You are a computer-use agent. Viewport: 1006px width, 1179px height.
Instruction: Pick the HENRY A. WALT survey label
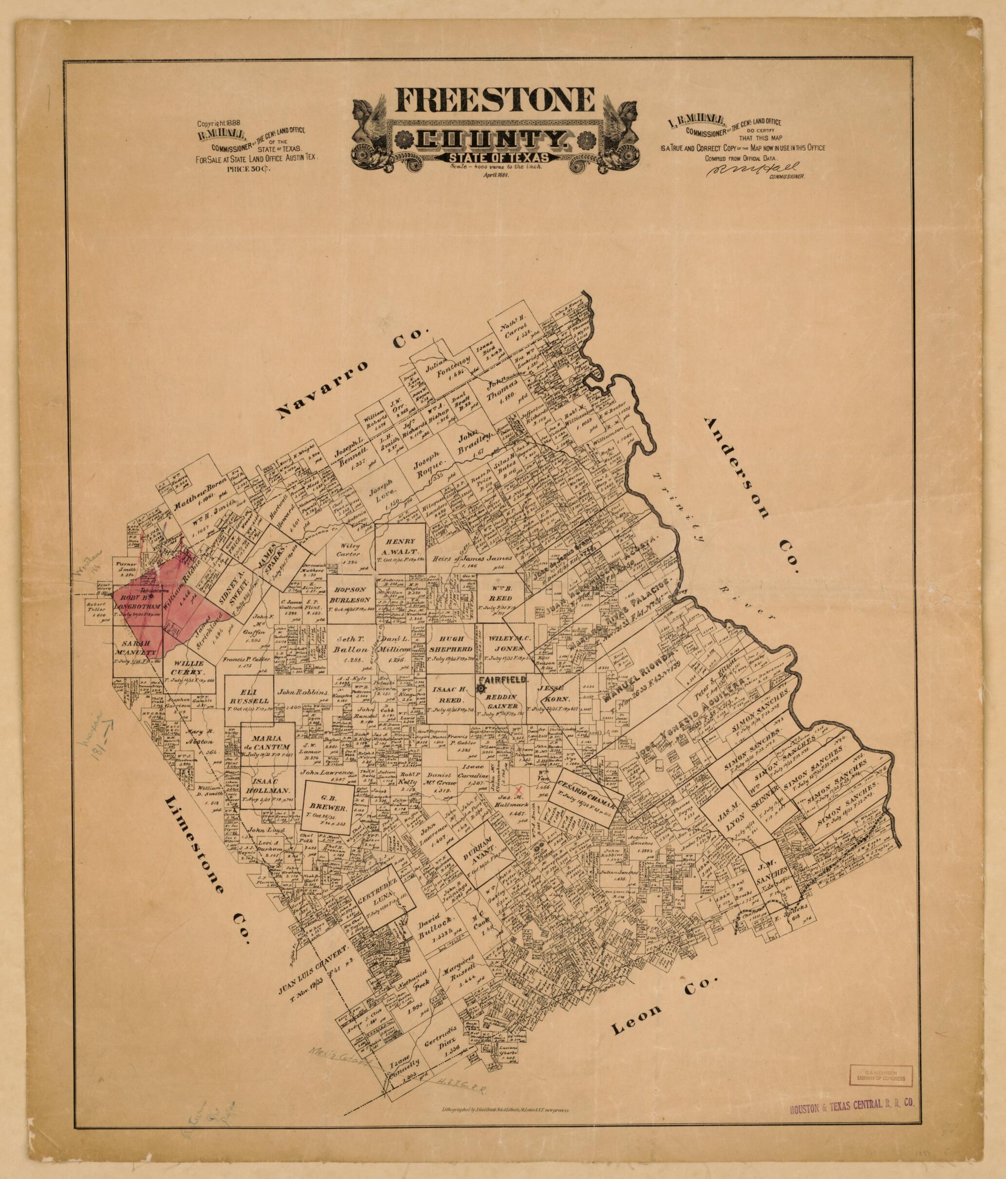tap(401, 546)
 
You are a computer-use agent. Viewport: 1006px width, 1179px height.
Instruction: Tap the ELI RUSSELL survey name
tap(248, 702)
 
